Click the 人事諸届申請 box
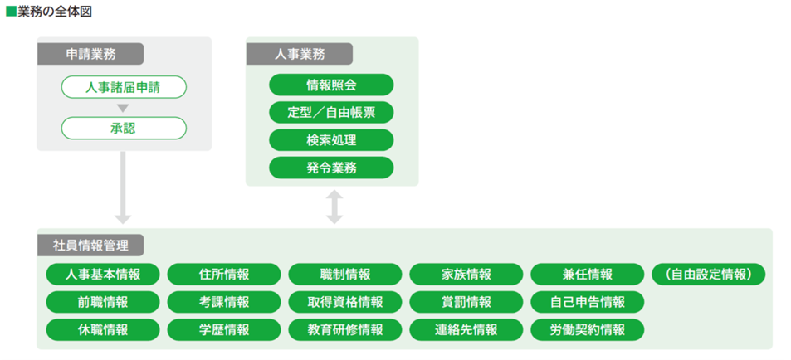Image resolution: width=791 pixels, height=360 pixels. click(x=124, y=87)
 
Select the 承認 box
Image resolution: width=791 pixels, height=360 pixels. click(x=124, y=128)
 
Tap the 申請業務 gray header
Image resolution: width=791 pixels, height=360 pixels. click(x=90, y=54)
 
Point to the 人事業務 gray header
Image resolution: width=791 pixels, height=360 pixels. click(x=299, y=54)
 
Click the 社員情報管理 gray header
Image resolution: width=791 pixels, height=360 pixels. click(x=90, y=246)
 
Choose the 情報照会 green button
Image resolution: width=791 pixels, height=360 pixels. click(x=331, y=85)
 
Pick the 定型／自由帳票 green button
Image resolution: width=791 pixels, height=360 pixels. click(x=331, y=113)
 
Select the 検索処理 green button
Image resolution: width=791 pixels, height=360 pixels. click(x=331, y=140)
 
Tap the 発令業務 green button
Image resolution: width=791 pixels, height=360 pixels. click(x=331, y=168)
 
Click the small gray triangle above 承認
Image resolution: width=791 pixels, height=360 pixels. click(x=123, y=108)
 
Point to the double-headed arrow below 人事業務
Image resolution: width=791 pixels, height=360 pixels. click(x=334, y=207)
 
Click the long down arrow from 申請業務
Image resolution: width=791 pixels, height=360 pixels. click(x=123, y=187)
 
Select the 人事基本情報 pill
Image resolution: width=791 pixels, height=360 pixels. click(x=103, y=275)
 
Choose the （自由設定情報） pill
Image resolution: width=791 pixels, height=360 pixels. click(x=709, y=275)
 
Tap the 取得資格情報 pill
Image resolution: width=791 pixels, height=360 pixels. click(x=345, y=302)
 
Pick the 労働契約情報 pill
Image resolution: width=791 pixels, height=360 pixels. click(x=587, y=330)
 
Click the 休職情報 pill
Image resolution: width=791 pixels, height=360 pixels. click(x=103, y=330)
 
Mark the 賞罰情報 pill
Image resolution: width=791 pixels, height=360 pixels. click(x=466, y=302)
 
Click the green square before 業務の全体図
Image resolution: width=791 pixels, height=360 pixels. click(x=11, y=12)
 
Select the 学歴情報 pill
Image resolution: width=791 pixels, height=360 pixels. click(x=224, y=330)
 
